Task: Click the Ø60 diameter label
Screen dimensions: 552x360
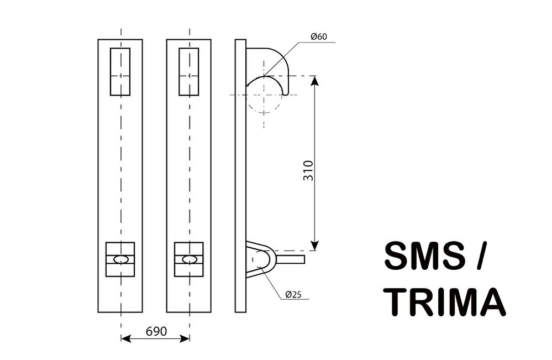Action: coord(319,36)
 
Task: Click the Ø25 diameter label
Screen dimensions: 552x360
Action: coord(293,294)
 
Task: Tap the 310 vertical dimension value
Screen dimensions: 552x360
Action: coord(308,170)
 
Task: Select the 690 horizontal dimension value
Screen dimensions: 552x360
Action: coord(156,331)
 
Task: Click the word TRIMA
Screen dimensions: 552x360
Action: coord(445,302)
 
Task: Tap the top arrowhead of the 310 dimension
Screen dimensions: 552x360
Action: coord(315,81)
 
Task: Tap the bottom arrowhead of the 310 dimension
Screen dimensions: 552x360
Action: coord(315,245)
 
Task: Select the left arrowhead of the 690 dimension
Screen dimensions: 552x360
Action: coord(125,339)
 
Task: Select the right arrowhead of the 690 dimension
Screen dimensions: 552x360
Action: coord(185,339)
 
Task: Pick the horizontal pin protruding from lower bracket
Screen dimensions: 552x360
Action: coord(290,259)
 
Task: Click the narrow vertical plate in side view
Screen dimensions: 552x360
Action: coord(240,176)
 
